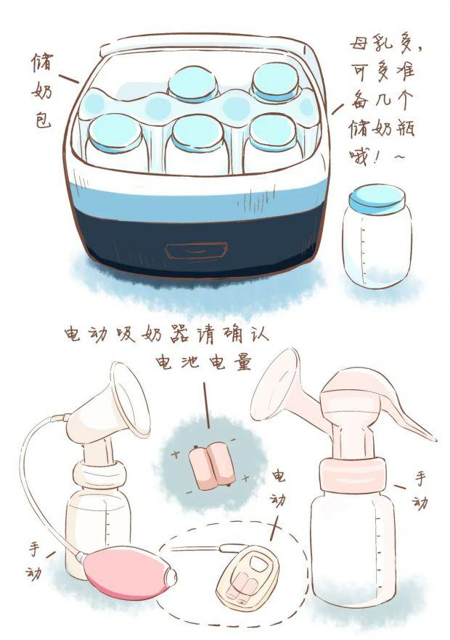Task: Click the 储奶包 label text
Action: pyautogui.click(x=42, y=91)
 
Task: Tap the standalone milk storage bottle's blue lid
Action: pyautogui.click(x=377, y=199)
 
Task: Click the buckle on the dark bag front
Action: pyautogui.click(x=196, y=250)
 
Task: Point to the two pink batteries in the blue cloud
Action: pyautogui.click(x=212, y=465)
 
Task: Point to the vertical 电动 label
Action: pyautogui.click(x=278, y=489)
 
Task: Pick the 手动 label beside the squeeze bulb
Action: pyautogui.click(x=35, y=561)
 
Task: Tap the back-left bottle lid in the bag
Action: pyautogui.click(x=192, y=83)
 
